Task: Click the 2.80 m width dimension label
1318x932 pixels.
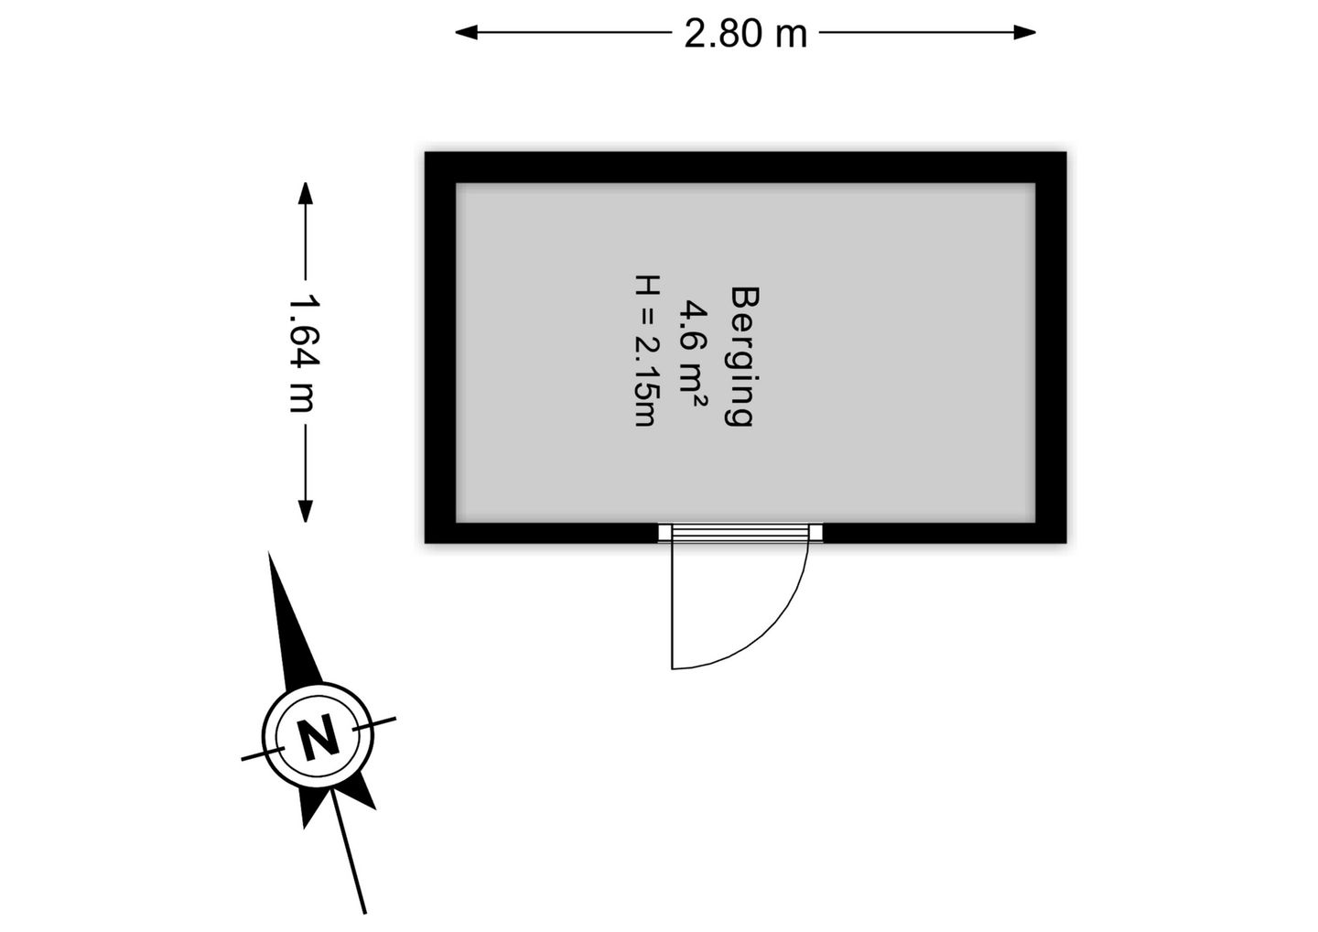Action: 745,33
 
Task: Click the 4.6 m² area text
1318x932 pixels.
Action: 693,354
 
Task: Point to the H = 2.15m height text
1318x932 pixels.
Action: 646,351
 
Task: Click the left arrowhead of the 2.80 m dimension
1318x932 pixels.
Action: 466,32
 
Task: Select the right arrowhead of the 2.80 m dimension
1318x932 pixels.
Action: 1024,32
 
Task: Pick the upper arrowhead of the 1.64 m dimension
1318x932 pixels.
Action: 305,193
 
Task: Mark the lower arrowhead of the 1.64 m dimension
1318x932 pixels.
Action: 305,511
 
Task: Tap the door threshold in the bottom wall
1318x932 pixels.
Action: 740,533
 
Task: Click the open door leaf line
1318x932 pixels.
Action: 673,605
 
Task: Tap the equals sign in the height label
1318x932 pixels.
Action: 646,317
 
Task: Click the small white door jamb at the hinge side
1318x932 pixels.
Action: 664,533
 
